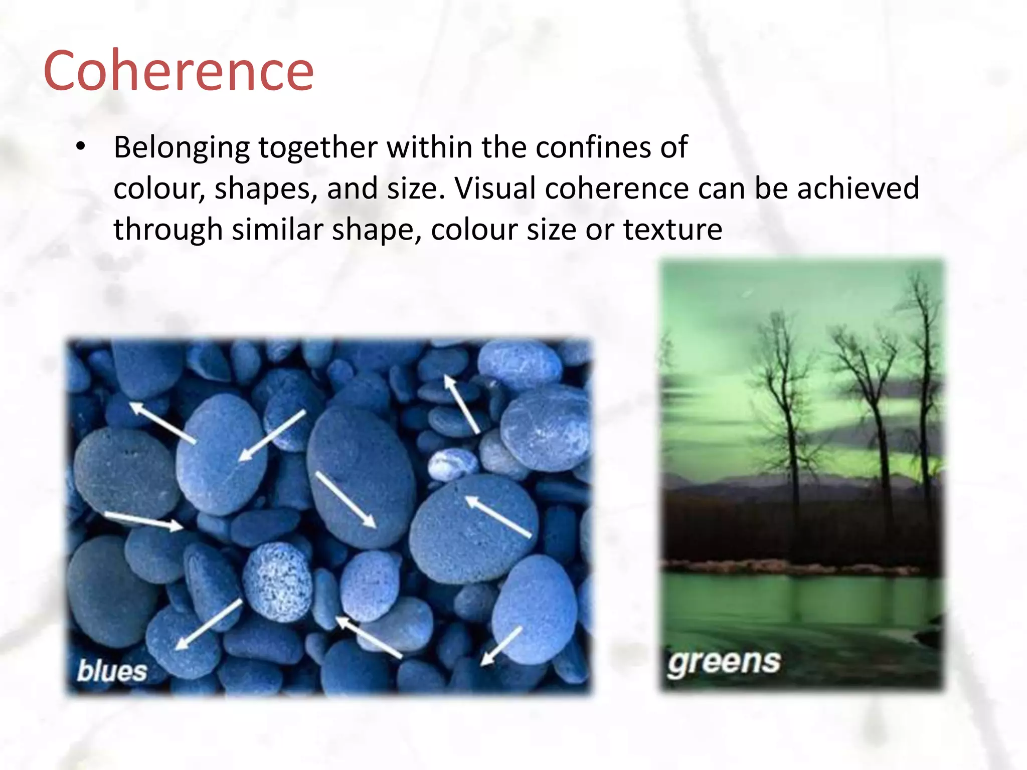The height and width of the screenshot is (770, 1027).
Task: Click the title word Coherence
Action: pos(179,71)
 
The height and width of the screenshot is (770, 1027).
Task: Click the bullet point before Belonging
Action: pos(81,147)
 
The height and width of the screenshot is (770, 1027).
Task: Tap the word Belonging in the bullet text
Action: pos(182,148)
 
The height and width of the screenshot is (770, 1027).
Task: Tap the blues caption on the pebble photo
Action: pos(112,671)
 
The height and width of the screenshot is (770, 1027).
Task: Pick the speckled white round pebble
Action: pos(277,581)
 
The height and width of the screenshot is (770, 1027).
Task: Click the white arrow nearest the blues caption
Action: pos(207,625)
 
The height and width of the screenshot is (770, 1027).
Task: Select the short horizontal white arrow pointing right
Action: pos(143,520)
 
